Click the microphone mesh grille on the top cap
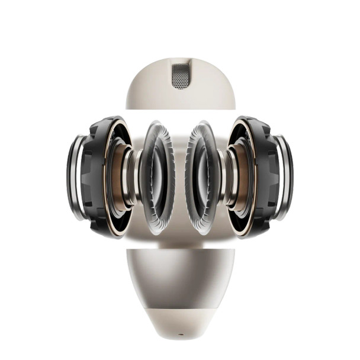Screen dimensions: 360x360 (180, 76)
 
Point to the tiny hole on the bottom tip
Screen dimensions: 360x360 (180, 334)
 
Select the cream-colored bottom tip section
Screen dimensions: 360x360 (180, 323)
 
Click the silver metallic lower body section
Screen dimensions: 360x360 (180, 278)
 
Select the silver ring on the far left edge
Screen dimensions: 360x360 (75, 178)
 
